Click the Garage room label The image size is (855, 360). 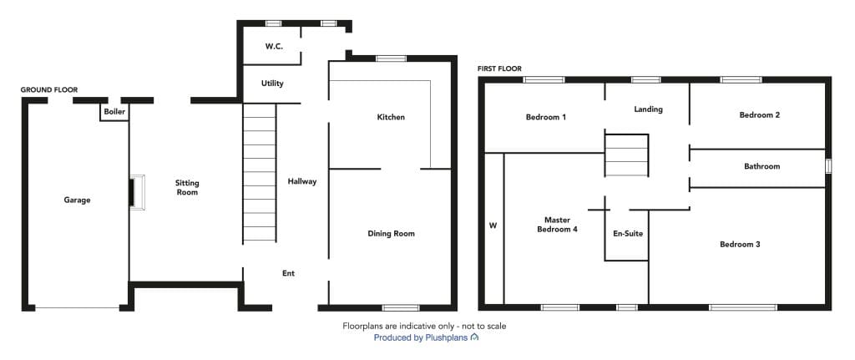coord(77,200)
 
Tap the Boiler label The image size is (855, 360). coord(114,112)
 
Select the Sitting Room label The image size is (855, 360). coord(187,188)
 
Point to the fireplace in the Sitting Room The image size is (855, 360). coord(138,192)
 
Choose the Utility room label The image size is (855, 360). coord(272,84)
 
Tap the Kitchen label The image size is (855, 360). coord(391,117)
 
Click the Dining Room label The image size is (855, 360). coord(391,233)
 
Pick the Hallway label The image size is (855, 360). coord(302,181)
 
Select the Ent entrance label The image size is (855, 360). coord(288,273)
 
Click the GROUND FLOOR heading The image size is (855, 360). coord(49,89)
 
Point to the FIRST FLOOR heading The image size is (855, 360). coord(499,68)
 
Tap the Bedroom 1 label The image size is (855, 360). coord(546,117)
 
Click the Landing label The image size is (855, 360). coord(648,109)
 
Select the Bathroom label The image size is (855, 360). coord(761,166)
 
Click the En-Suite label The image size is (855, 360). coord(628,233)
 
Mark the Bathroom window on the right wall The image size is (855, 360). coord(828,166)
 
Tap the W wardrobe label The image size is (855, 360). coord(493,225)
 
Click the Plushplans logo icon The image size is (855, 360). coord(474,337)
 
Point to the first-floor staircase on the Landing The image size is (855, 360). coord(626,155)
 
